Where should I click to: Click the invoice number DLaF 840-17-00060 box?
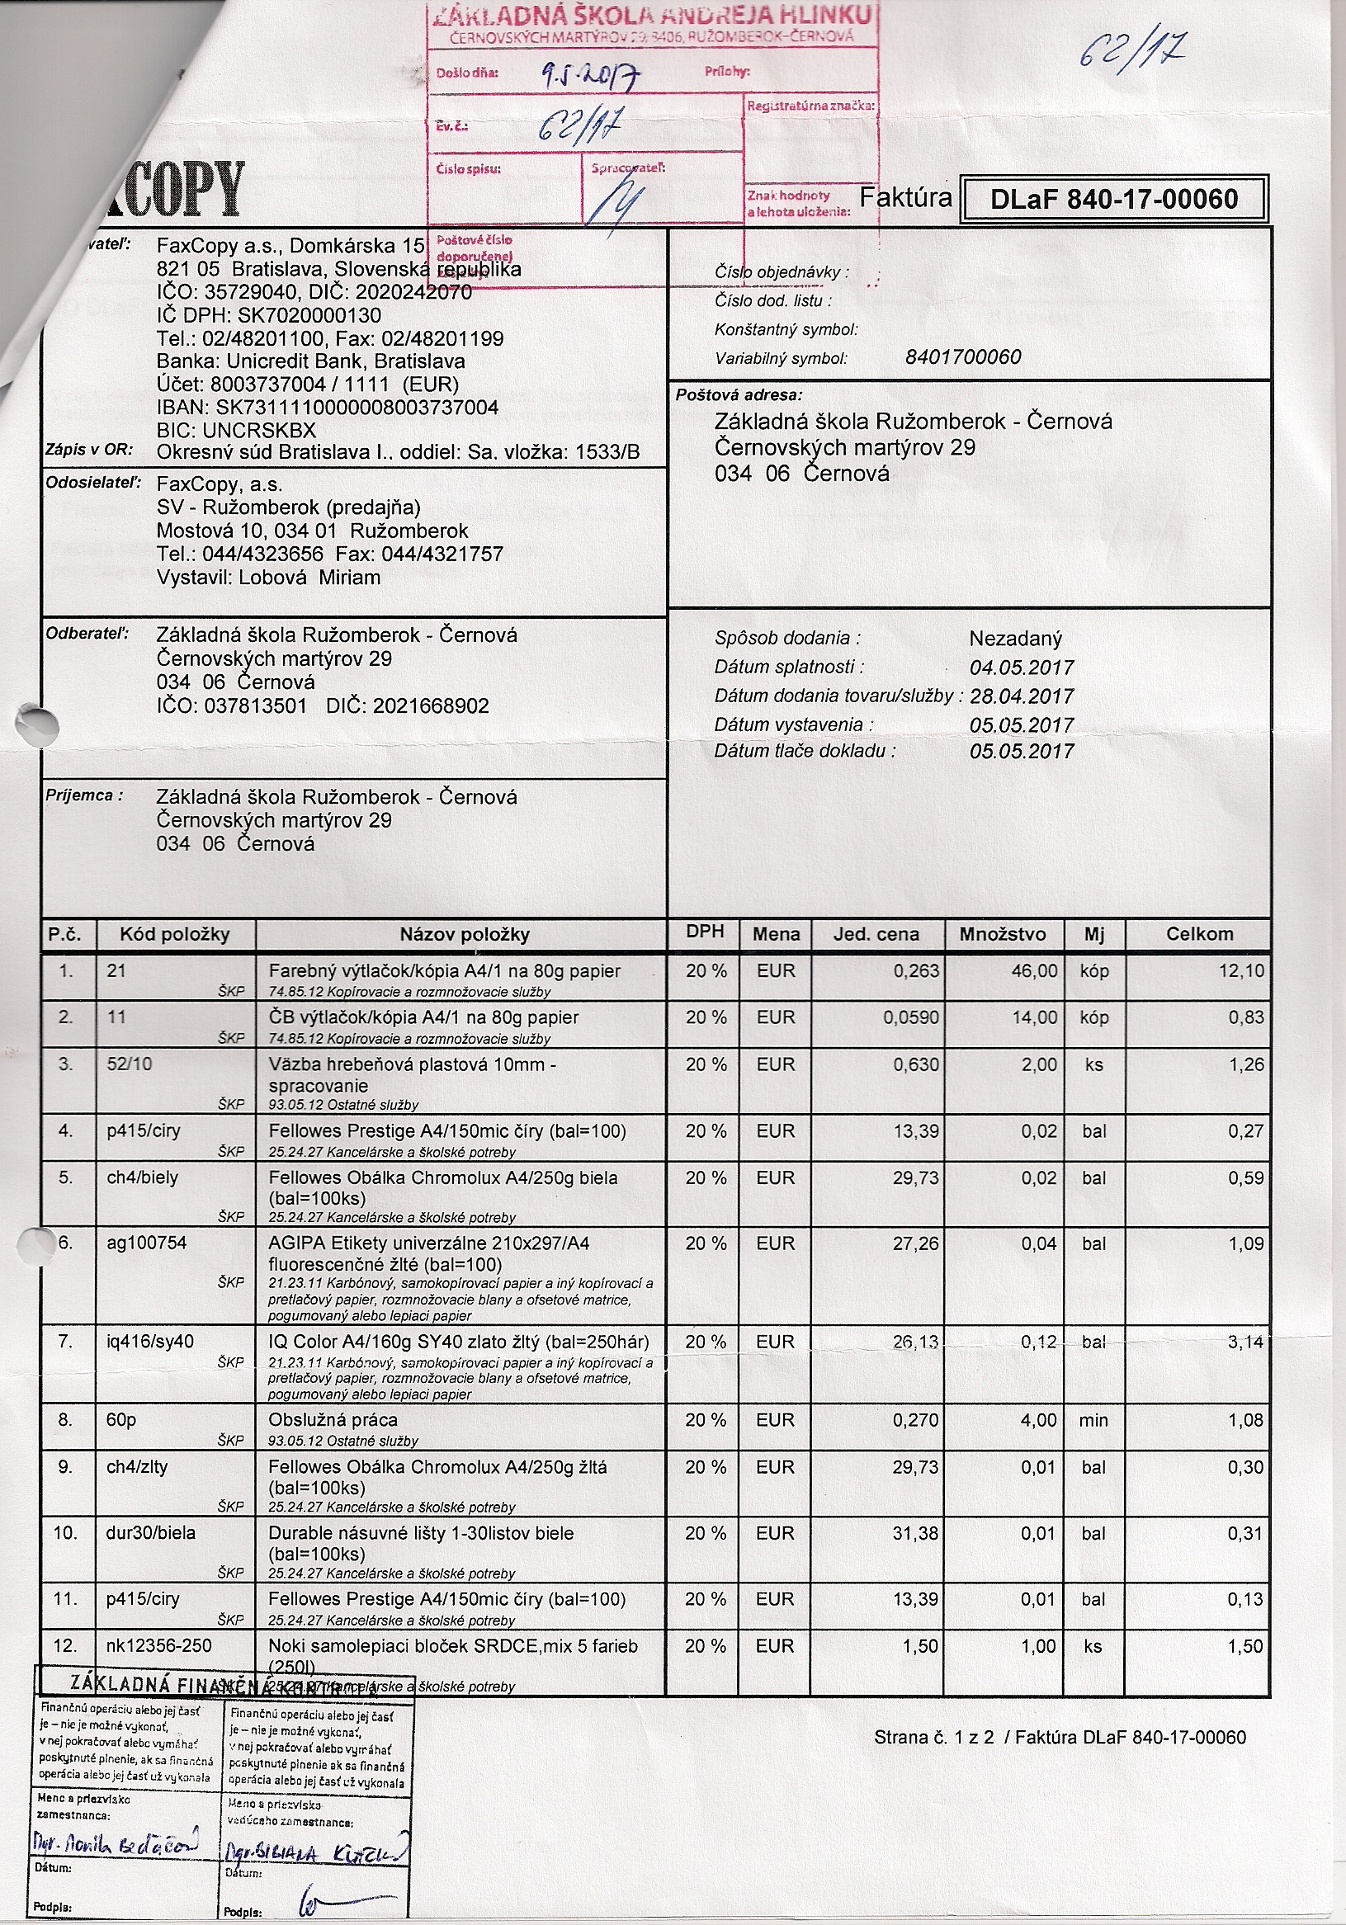(x=1114, y=200)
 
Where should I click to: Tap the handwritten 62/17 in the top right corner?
(x=1131, y=52)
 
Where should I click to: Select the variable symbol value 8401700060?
(x=963, y=357)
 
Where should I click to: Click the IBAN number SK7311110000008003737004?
(x=357, y=408)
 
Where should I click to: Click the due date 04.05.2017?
(x=1022, y=668)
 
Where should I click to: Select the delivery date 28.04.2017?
(x=1022, y=696)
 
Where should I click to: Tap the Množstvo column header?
(x=1002, y=934)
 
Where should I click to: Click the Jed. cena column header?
(x=876, y=934)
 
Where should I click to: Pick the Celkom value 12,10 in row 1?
(x=1240, y=971)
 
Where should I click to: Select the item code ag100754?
(x=147, y=1243)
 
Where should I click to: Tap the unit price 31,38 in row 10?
(x=916, y=1532)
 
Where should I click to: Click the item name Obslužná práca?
(x=333, y=1419)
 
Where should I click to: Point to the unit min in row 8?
(x=1093, y=1420)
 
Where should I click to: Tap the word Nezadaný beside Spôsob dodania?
(x=1015, y=639)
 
